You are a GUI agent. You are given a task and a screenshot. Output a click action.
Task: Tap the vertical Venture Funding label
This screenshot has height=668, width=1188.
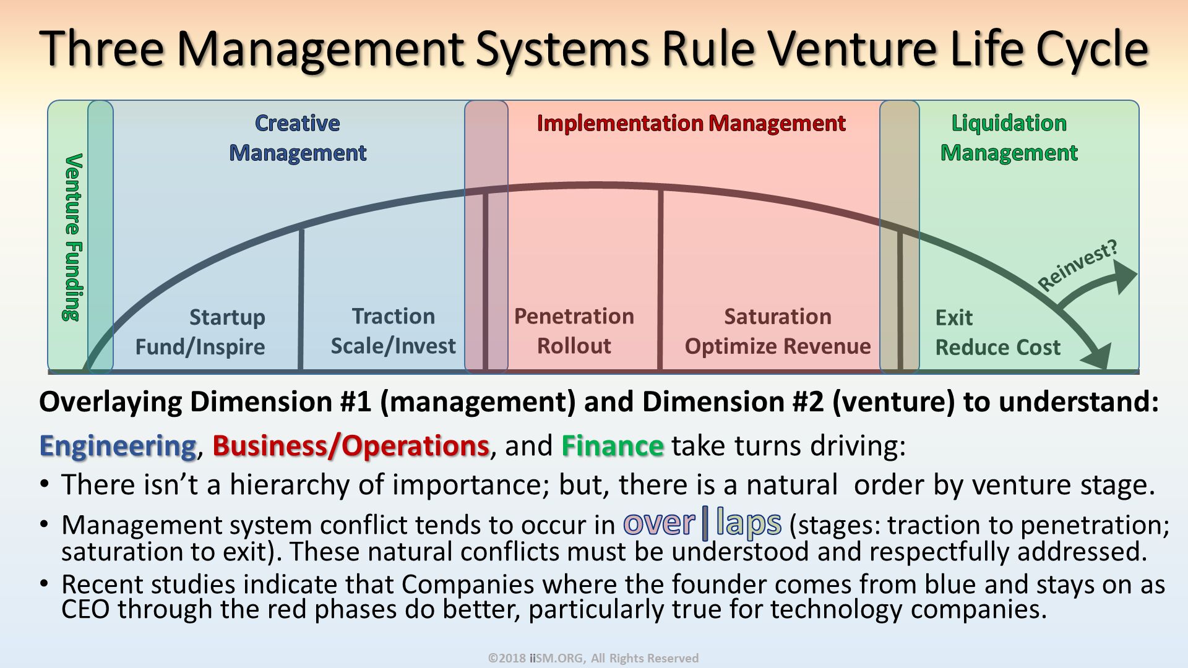pyautogui.click(x=72, y=238)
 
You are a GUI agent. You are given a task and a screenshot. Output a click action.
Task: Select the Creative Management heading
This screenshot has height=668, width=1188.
pyautogui.click(x=298, y=138)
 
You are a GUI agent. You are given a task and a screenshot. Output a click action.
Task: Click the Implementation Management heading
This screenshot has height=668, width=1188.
pyautogui.click(x=691, y=123)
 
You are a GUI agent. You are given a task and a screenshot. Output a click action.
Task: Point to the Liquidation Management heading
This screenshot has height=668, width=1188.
pyautogui.click(x=1009, y=138)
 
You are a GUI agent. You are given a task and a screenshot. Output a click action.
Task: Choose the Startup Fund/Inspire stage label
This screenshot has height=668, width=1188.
pyautogui.click(x=201, y=332)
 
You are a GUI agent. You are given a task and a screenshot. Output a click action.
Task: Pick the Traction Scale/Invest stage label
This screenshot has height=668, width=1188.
pyautogui.click(x=393, y=331)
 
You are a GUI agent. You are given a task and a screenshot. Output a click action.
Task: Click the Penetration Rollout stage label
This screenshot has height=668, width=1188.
pyautogui.click(x=574, y=331)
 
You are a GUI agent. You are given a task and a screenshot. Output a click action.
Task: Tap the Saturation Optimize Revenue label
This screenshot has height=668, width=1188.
pyautogui.click(x=777, y=332)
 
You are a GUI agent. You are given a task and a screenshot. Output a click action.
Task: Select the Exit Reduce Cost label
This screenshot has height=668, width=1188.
pyautogui.click(x=997, y=333)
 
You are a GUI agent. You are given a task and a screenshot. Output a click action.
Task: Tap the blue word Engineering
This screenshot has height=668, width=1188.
pyautogui.click(x=118, y=446)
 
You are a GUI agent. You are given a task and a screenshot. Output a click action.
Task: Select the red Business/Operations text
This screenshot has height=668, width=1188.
pyautogui.click(x=351, y=446)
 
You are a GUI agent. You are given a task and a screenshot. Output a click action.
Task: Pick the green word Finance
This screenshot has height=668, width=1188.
pyautogui.click(x=613, y=446)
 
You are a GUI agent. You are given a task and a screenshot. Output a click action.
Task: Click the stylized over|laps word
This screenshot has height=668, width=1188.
pyautogui.click(x=702, y=524)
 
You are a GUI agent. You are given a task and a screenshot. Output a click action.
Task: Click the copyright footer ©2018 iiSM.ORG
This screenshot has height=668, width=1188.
pyautogui.click(x=593, y=658)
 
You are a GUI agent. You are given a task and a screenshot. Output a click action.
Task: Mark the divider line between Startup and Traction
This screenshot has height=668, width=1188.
pyautogui.click(x=301, y=300)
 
